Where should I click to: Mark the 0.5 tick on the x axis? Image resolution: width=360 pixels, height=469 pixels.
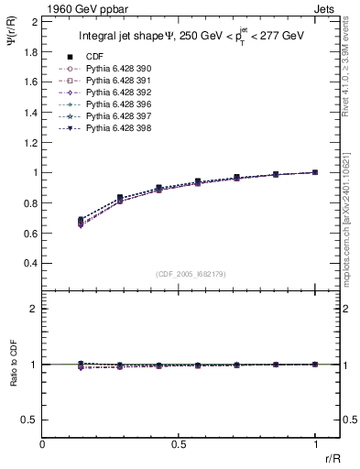point(179,444)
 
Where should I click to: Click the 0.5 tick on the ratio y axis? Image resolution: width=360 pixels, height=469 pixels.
point(31,420)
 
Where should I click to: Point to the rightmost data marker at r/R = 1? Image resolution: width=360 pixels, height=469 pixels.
point(315,172)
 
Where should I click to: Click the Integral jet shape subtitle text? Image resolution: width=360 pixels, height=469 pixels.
point(190,37)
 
